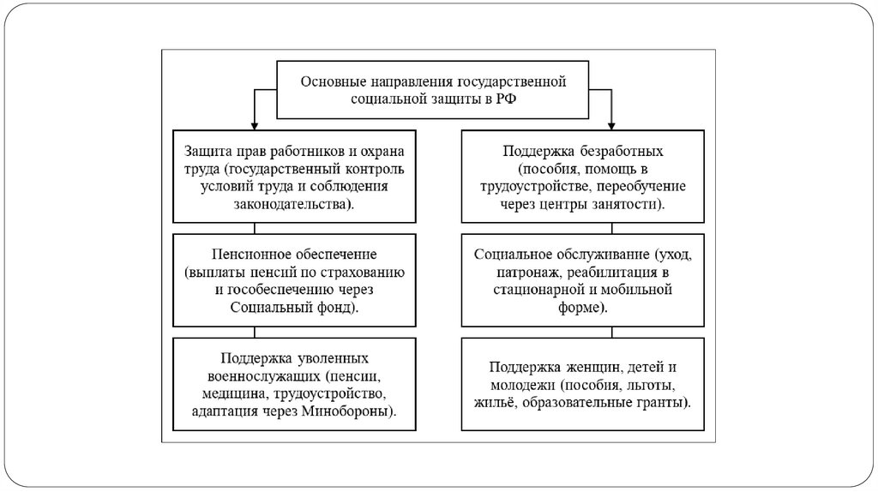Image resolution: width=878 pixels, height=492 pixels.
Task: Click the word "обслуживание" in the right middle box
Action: tap(604, 255)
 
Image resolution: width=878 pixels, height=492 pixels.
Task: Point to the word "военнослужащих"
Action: tap(258, 376)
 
